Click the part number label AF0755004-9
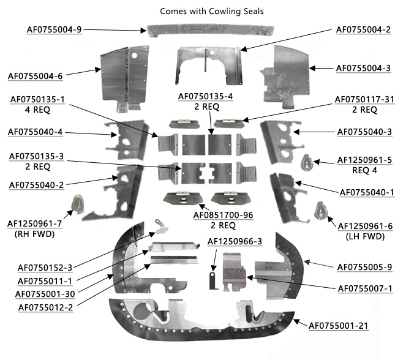[54, 29]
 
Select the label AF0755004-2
[363, 29]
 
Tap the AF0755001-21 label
[339, 326]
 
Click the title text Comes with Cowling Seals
[212, 12]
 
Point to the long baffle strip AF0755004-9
[211, 31]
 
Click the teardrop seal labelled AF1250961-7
[78, 204]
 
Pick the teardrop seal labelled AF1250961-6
[321, 211]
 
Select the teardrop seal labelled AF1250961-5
[307, 162]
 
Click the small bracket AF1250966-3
[213, 281]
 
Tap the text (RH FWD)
[34, 234]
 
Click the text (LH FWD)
[365, 236]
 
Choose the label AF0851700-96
[224, 215]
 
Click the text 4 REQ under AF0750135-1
[37, 110]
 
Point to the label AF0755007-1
[365, 288]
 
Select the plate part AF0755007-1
[234, 272]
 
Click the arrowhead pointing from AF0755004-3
[312, 68]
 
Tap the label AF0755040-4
[36, 132]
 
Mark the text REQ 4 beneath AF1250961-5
[364, 170]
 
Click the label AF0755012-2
[46, 307]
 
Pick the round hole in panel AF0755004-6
[134, 56]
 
